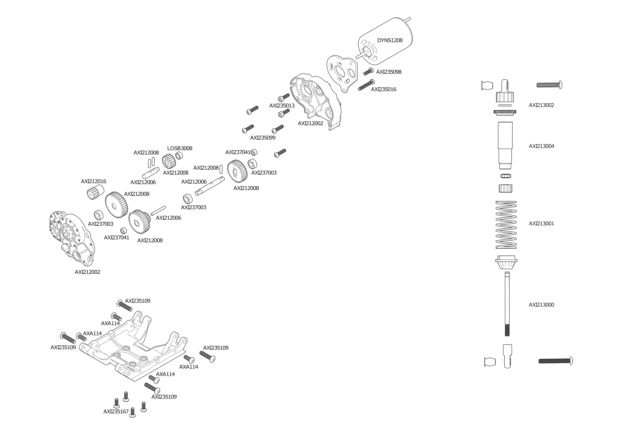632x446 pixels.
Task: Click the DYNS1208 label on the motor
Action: tap(390, 40)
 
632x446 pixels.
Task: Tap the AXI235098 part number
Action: tap(389, 72)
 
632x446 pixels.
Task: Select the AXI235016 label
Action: tap(383, 89)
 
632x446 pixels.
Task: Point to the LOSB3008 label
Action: tap(180, 148)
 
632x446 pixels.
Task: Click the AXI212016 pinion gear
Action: tap(95, 192)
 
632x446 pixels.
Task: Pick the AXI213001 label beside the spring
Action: tap(541, 224)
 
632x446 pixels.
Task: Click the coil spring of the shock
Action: tap(506, 225)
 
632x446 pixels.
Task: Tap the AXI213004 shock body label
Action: tap(541, 146)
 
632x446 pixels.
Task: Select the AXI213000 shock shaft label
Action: tap(541, 305)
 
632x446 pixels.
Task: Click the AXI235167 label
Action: tap(116, 411)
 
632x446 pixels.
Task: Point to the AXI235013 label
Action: tap(282, 106)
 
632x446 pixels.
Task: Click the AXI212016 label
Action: tap(94, 181)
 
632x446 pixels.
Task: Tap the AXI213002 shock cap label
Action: tap(541, 105)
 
